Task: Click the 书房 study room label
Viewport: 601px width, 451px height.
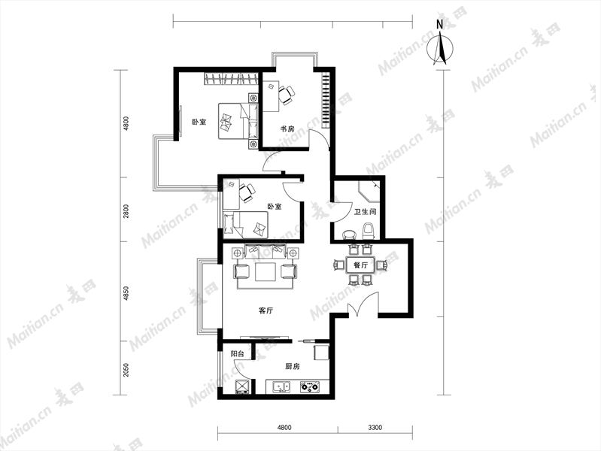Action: click(287, 129)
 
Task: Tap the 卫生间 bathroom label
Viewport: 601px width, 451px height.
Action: click(365, 211)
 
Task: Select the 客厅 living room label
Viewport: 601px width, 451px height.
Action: click(266, 310)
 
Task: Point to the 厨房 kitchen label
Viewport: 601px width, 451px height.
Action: click(293, 367)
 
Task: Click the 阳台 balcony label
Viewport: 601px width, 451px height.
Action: click(237, 354)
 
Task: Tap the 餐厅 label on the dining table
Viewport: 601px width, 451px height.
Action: click(361, 265)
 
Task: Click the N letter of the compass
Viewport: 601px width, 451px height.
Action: click(439, 25)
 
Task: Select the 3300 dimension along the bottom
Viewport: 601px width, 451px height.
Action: click(375, 427)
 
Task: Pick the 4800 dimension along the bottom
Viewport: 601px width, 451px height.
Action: click(284, 427)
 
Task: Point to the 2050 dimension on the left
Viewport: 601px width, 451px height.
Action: click(126, 370)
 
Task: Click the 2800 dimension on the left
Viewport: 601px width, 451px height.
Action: click(126, 211)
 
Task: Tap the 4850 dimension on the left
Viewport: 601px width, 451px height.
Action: click(126, 293)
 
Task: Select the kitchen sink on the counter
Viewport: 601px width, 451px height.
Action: click(281, 387)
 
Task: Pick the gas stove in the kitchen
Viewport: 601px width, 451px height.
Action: click(309, 386)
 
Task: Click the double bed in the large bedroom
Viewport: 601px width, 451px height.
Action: click(238, 120)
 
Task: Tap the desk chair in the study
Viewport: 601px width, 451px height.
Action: click(287, 95)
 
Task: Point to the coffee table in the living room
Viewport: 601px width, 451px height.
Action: click(265, 271)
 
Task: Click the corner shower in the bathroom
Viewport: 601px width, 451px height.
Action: click(369, 192)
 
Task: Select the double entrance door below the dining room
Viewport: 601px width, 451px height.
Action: click(363, 304)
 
